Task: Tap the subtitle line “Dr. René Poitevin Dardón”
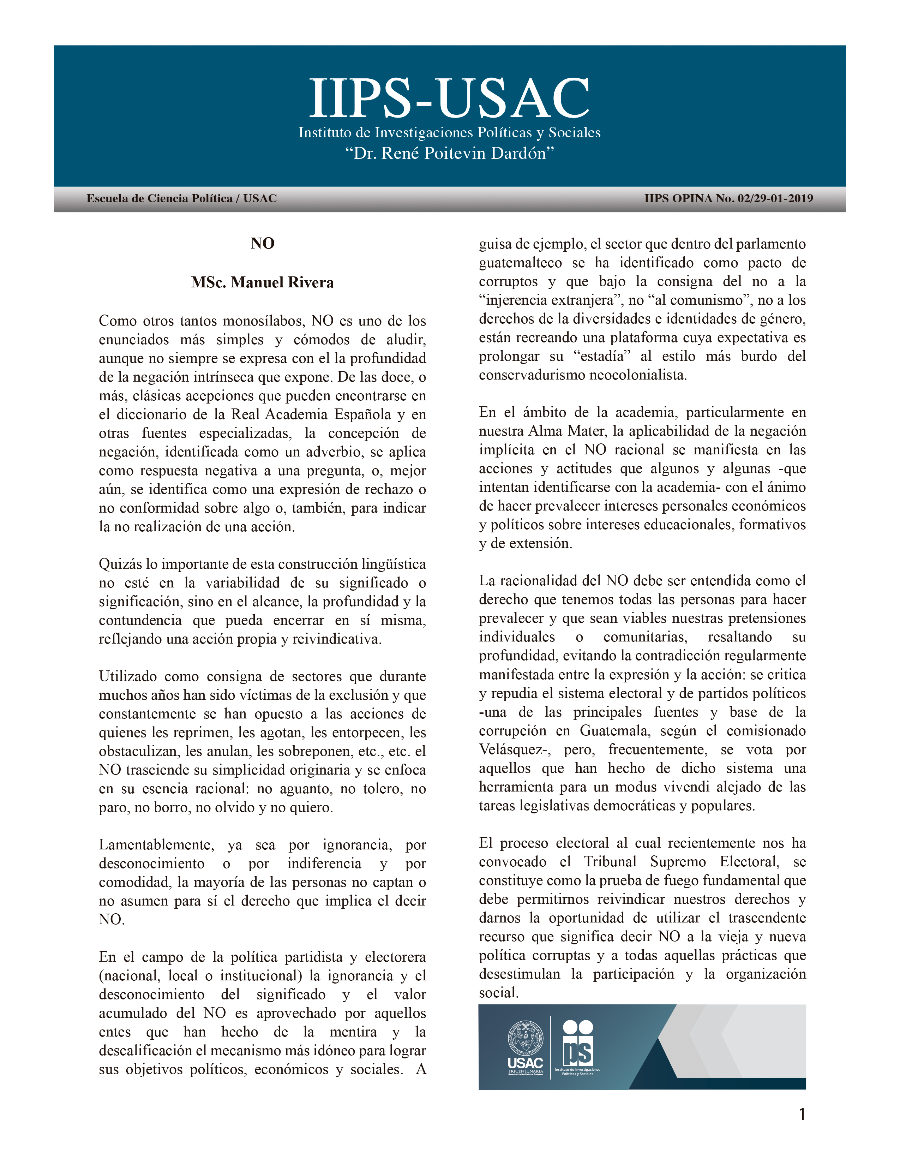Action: tap(449, 154)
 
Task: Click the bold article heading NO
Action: tap(262, 244)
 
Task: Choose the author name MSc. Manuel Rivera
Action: tap(262, 282)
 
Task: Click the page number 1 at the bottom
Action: tap(802, 1114)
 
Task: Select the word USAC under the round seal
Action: tap(525, 1063)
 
